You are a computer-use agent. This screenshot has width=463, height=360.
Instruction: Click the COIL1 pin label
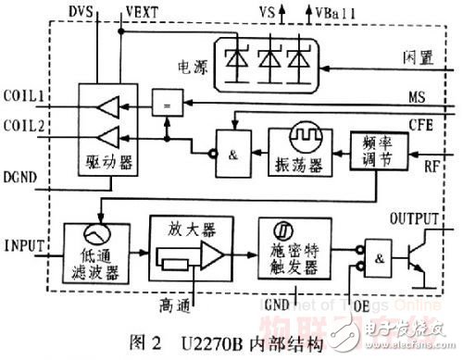pyautogui.click(x=26, y=95)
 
